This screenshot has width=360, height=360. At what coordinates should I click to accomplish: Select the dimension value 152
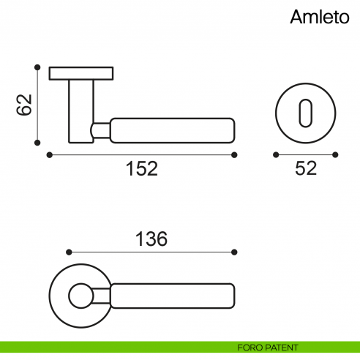pos(141,168)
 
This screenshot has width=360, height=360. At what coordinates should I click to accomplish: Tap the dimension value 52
pos(305,168)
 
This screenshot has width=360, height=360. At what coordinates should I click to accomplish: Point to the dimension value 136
pos(151,239)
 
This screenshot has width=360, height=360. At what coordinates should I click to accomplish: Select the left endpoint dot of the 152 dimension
pos(48,154)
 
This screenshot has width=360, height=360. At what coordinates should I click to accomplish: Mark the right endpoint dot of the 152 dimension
pos(235,154)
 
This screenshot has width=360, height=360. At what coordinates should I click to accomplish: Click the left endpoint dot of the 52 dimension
pos(275,154)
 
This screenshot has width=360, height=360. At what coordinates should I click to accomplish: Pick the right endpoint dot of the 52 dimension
pos(335,154)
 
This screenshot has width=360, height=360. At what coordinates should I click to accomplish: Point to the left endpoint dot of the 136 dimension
pos(67,252)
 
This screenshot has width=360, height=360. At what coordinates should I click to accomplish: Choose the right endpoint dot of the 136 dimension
pos(234,252)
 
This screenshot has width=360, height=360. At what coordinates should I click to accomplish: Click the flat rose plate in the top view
pos(80,73)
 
